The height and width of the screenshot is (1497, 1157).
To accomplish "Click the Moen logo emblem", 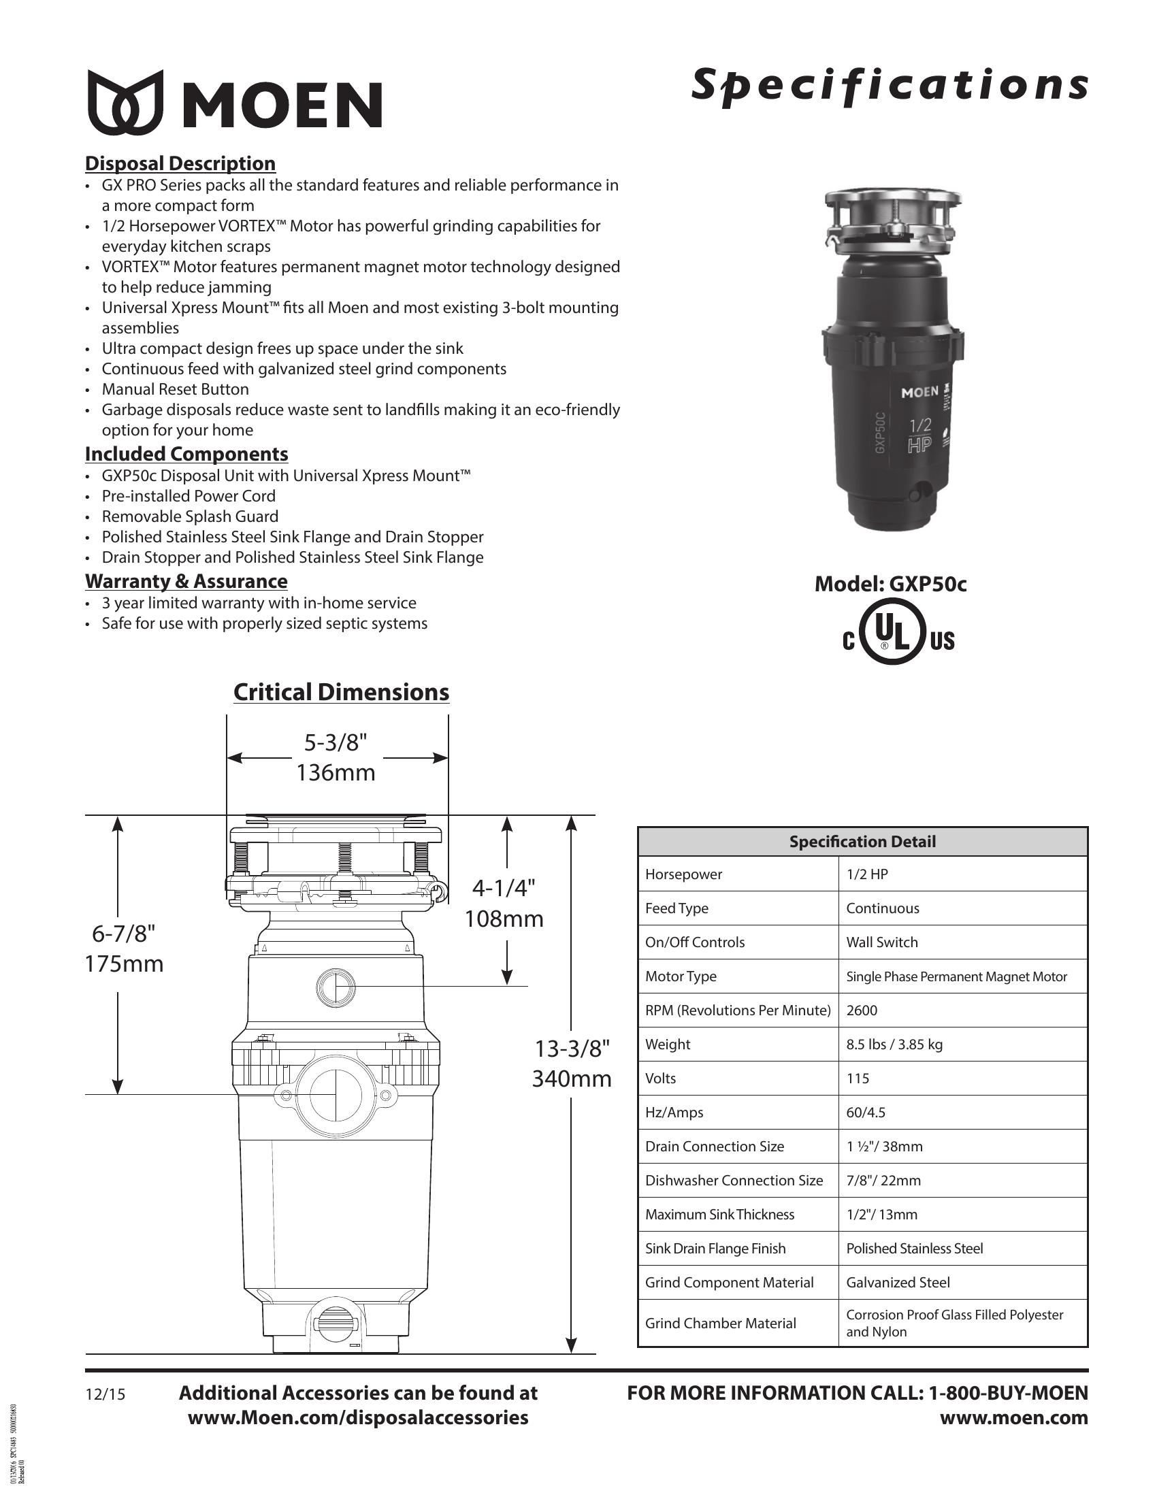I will pos(125,101).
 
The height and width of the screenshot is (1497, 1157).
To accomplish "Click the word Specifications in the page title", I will pos(889,86).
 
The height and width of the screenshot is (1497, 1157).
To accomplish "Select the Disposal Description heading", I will pos(180,163).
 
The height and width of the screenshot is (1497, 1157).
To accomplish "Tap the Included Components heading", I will pos(186,454).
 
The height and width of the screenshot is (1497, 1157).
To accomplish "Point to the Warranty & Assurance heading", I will pos(186,581).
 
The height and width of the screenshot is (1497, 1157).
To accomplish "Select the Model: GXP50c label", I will pos(890,584).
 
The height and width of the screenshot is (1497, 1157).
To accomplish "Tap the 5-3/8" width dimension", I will pos(336,743).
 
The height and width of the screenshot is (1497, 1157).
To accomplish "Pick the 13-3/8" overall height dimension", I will pos(572,1049).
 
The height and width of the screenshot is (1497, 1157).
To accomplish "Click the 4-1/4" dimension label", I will pos(504,888).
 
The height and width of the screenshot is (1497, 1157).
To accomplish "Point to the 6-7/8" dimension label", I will pos(124,934).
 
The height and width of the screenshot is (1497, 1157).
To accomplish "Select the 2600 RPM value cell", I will pos(862,1010).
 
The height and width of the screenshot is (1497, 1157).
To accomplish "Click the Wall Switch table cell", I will pos(881,942).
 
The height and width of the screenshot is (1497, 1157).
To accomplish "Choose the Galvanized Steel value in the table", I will pos(898,1283).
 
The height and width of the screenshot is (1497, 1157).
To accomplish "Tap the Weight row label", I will pos(668,1044).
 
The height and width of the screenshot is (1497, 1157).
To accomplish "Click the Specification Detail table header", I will pos(862,842).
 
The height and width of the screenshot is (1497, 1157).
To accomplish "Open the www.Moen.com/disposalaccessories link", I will pos(358,1417).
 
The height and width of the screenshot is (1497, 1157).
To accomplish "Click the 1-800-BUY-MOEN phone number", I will pos(1007,1393).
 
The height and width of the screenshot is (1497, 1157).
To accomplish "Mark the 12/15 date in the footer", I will pos(105,1394).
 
